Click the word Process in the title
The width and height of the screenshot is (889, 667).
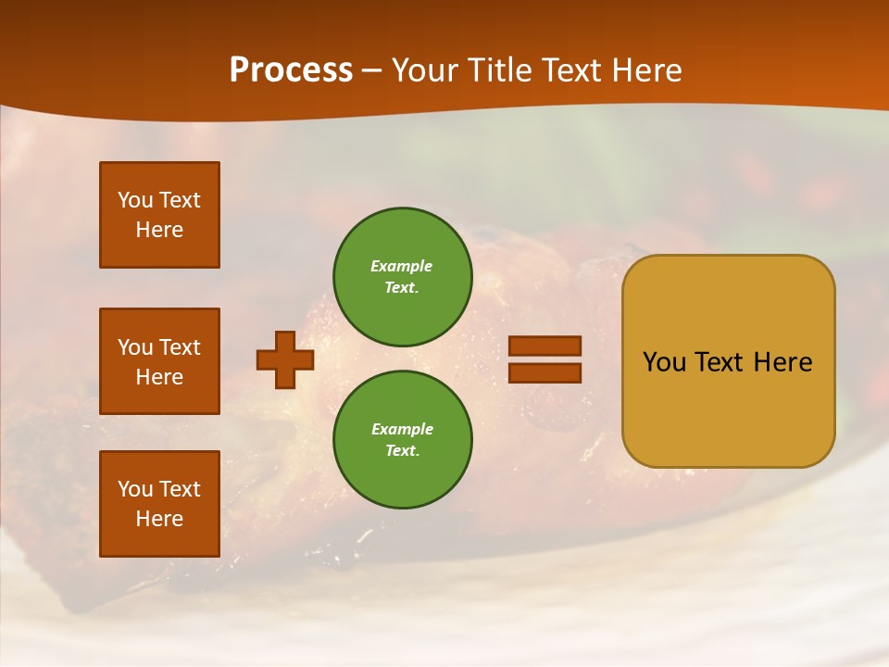coord(291,70)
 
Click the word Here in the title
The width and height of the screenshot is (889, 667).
coord(645,70)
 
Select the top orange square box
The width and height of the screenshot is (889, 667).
coord(159,215)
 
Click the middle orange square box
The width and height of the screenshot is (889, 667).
coord(159,361)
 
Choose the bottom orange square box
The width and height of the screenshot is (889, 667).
coord(159,504)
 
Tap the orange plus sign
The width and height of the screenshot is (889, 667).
coord(285,359)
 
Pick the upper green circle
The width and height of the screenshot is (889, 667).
coord(403,276)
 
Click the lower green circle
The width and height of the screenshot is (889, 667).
coord(403,439)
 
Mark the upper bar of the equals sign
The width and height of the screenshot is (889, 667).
coord(545,346)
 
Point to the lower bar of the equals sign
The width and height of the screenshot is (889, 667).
coord(545,373)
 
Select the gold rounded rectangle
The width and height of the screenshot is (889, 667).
coord(728,361)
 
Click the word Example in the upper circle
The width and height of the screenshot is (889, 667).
coord(402,266)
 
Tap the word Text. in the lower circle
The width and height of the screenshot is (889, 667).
coord(402,450)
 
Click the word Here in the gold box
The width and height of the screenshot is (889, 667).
coord(783,362)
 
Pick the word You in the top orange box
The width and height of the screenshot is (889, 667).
coord(135,200)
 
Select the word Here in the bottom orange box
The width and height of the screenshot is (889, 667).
coord(159,519)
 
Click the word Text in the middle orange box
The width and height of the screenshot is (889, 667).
coord(179,347)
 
